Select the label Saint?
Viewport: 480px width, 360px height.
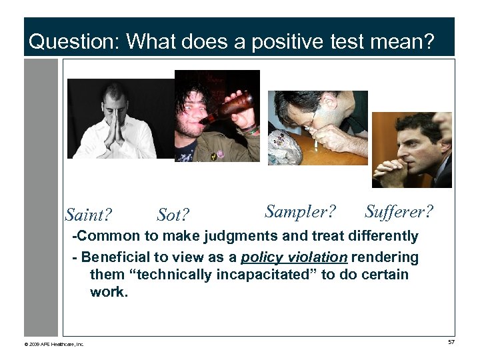(88, 215)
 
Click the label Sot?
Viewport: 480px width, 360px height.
(173, 215)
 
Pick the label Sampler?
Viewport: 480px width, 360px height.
(300, 211)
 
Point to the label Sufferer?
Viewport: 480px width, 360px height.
(399, 211)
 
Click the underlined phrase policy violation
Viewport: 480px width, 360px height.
(293, 257)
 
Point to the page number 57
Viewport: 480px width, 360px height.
(451, 342)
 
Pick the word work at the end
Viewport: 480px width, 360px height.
(108, 292)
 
